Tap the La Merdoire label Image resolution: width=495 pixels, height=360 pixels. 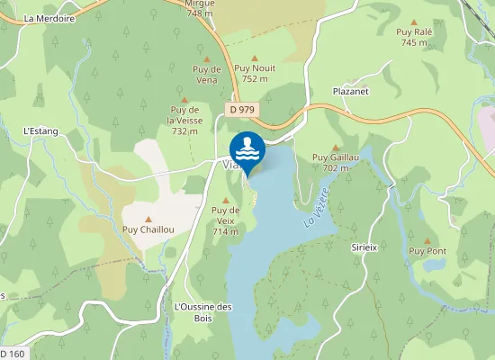pyautogui.click(x=49, y=17)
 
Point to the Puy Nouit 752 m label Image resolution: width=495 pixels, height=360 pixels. pyautogui.click(x=255, y=73)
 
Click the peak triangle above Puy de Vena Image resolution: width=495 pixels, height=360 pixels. pyautogui.click(x=206, y=58)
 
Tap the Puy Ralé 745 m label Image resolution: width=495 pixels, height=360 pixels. pyautogui.click(x=414, y=37)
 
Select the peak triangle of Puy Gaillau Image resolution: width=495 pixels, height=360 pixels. pyautogui.click(x=336, y=148)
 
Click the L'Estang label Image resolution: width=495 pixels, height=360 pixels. pyautogui.click(x=40, y=131)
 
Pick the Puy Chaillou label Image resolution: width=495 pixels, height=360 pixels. pyautogui.click(x=148, y=229)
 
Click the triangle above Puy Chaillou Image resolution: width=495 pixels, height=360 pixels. pyautogui.click(x=148, y=219)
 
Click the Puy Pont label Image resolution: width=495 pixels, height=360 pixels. pyautogui.click(x=427, y=251)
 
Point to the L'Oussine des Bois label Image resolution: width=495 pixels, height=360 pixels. pyautogui.click(x=202, y=311)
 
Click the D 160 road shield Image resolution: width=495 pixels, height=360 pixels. pyautogui.click(x=13, y=354)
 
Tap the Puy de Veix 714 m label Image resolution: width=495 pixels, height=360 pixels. pyautogui.click(x=224, y=221)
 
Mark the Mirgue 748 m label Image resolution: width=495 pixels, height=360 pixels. pyautogui.click(x=199, y=9)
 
